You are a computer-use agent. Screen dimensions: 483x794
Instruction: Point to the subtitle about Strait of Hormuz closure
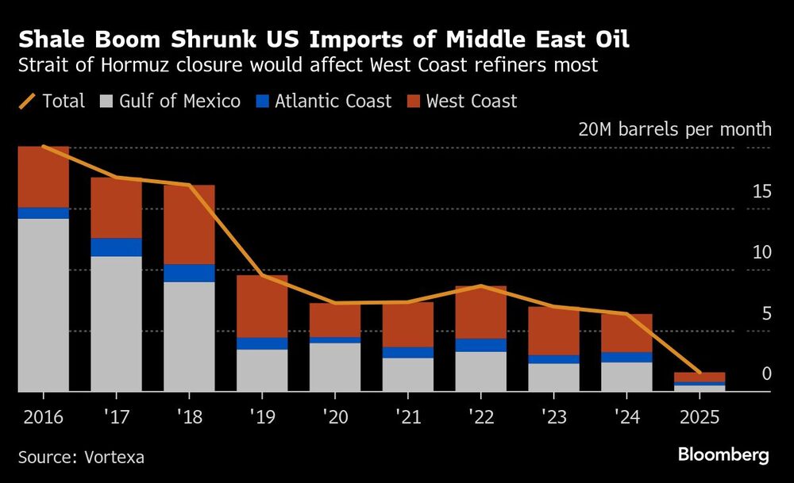pos(307,65)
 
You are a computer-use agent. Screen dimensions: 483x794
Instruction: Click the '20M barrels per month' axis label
pos(675,129)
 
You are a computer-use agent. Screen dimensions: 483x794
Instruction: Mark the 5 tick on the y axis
pos(766,313)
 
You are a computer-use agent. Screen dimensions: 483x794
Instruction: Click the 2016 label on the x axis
pos(43,415)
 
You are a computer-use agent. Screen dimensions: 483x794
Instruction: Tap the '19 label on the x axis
pos(261,415)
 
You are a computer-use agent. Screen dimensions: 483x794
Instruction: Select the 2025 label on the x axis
pos(699,415)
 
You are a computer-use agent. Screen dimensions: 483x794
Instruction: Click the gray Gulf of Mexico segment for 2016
pos(43,305)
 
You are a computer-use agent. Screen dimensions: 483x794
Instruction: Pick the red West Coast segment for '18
pos(189,224)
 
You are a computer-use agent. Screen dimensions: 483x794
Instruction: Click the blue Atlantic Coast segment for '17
pos(116,247)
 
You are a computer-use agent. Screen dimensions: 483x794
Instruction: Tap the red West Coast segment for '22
pos(480,312)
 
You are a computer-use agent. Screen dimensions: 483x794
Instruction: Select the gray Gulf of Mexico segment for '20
pos(334,367)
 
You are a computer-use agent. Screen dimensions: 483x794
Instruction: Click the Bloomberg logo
pos(723,455)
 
